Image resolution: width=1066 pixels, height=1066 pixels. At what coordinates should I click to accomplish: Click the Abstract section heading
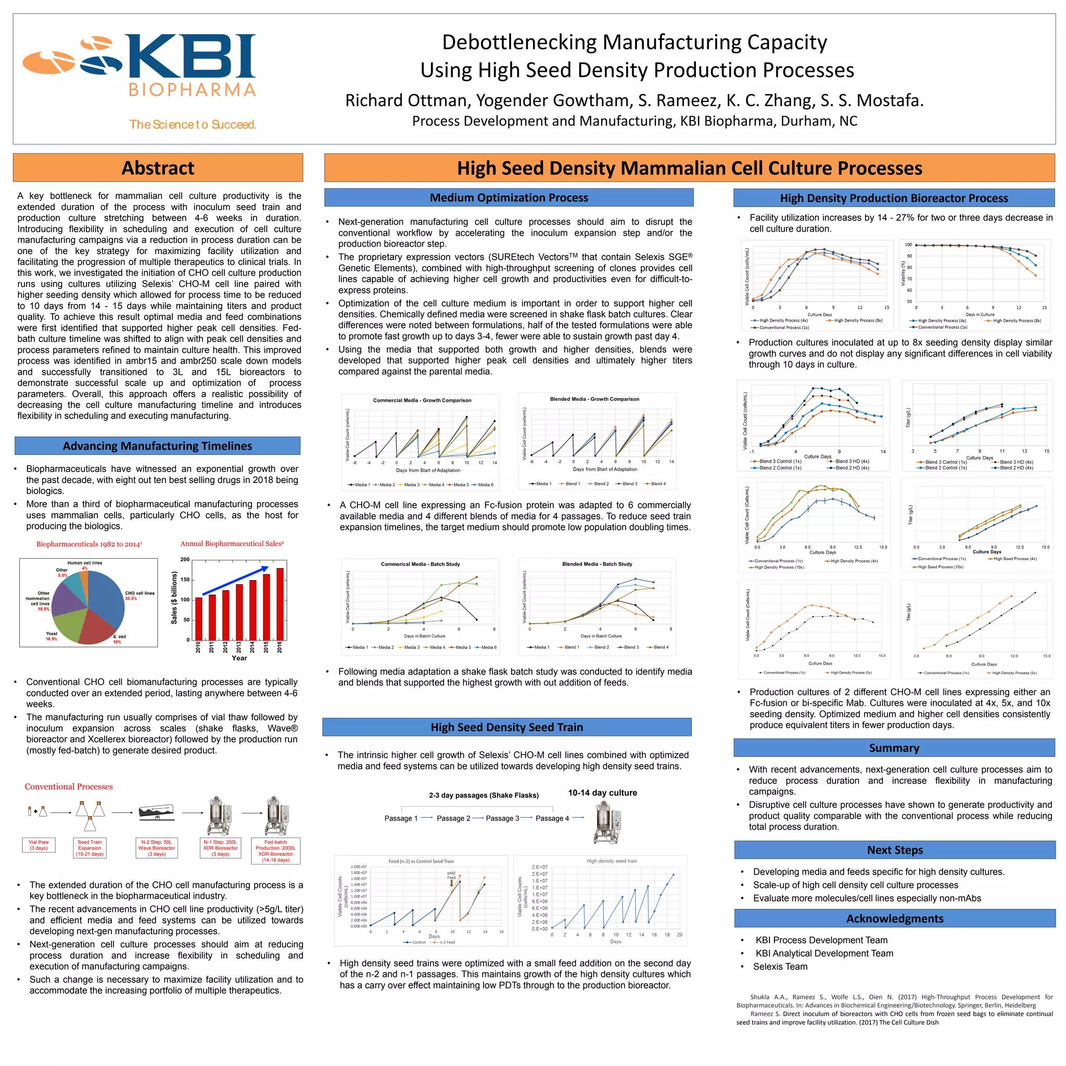pos(158,168)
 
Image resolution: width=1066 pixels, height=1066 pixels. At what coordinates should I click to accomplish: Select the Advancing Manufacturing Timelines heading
pos(157,446)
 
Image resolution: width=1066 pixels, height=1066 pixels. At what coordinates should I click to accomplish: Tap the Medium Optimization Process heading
pos(509,197)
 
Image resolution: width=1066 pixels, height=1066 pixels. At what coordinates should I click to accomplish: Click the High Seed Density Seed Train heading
pos(506,727)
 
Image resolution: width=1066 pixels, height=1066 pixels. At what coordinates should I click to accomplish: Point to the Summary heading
pos(894,748)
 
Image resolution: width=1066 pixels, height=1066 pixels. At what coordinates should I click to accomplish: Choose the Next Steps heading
pos(894,851)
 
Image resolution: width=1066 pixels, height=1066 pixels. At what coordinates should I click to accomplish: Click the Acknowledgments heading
pos(894,919)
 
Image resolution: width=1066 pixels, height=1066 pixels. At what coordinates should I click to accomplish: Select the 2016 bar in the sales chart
pos(280,604)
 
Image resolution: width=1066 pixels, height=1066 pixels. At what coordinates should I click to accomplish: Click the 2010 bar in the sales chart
pos(199,618)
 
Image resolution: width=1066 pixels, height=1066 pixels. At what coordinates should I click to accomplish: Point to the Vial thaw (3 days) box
pos(39,845)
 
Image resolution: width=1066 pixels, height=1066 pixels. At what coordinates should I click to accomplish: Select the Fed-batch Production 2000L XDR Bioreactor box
pos(275,851)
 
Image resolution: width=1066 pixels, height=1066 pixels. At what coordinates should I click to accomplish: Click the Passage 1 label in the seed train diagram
pos(401,818)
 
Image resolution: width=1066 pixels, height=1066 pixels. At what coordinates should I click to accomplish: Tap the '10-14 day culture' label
pos(603,793)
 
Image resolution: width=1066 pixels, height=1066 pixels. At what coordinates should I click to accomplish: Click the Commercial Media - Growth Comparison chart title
pos(422,401)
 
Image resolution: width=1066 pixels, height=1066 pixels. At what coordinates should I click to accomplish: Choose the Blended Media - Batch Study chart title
pos(597,564)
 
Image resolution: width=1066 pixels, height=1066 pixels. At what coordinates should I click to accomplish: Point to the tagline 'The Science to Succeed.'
pos(193,125)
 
